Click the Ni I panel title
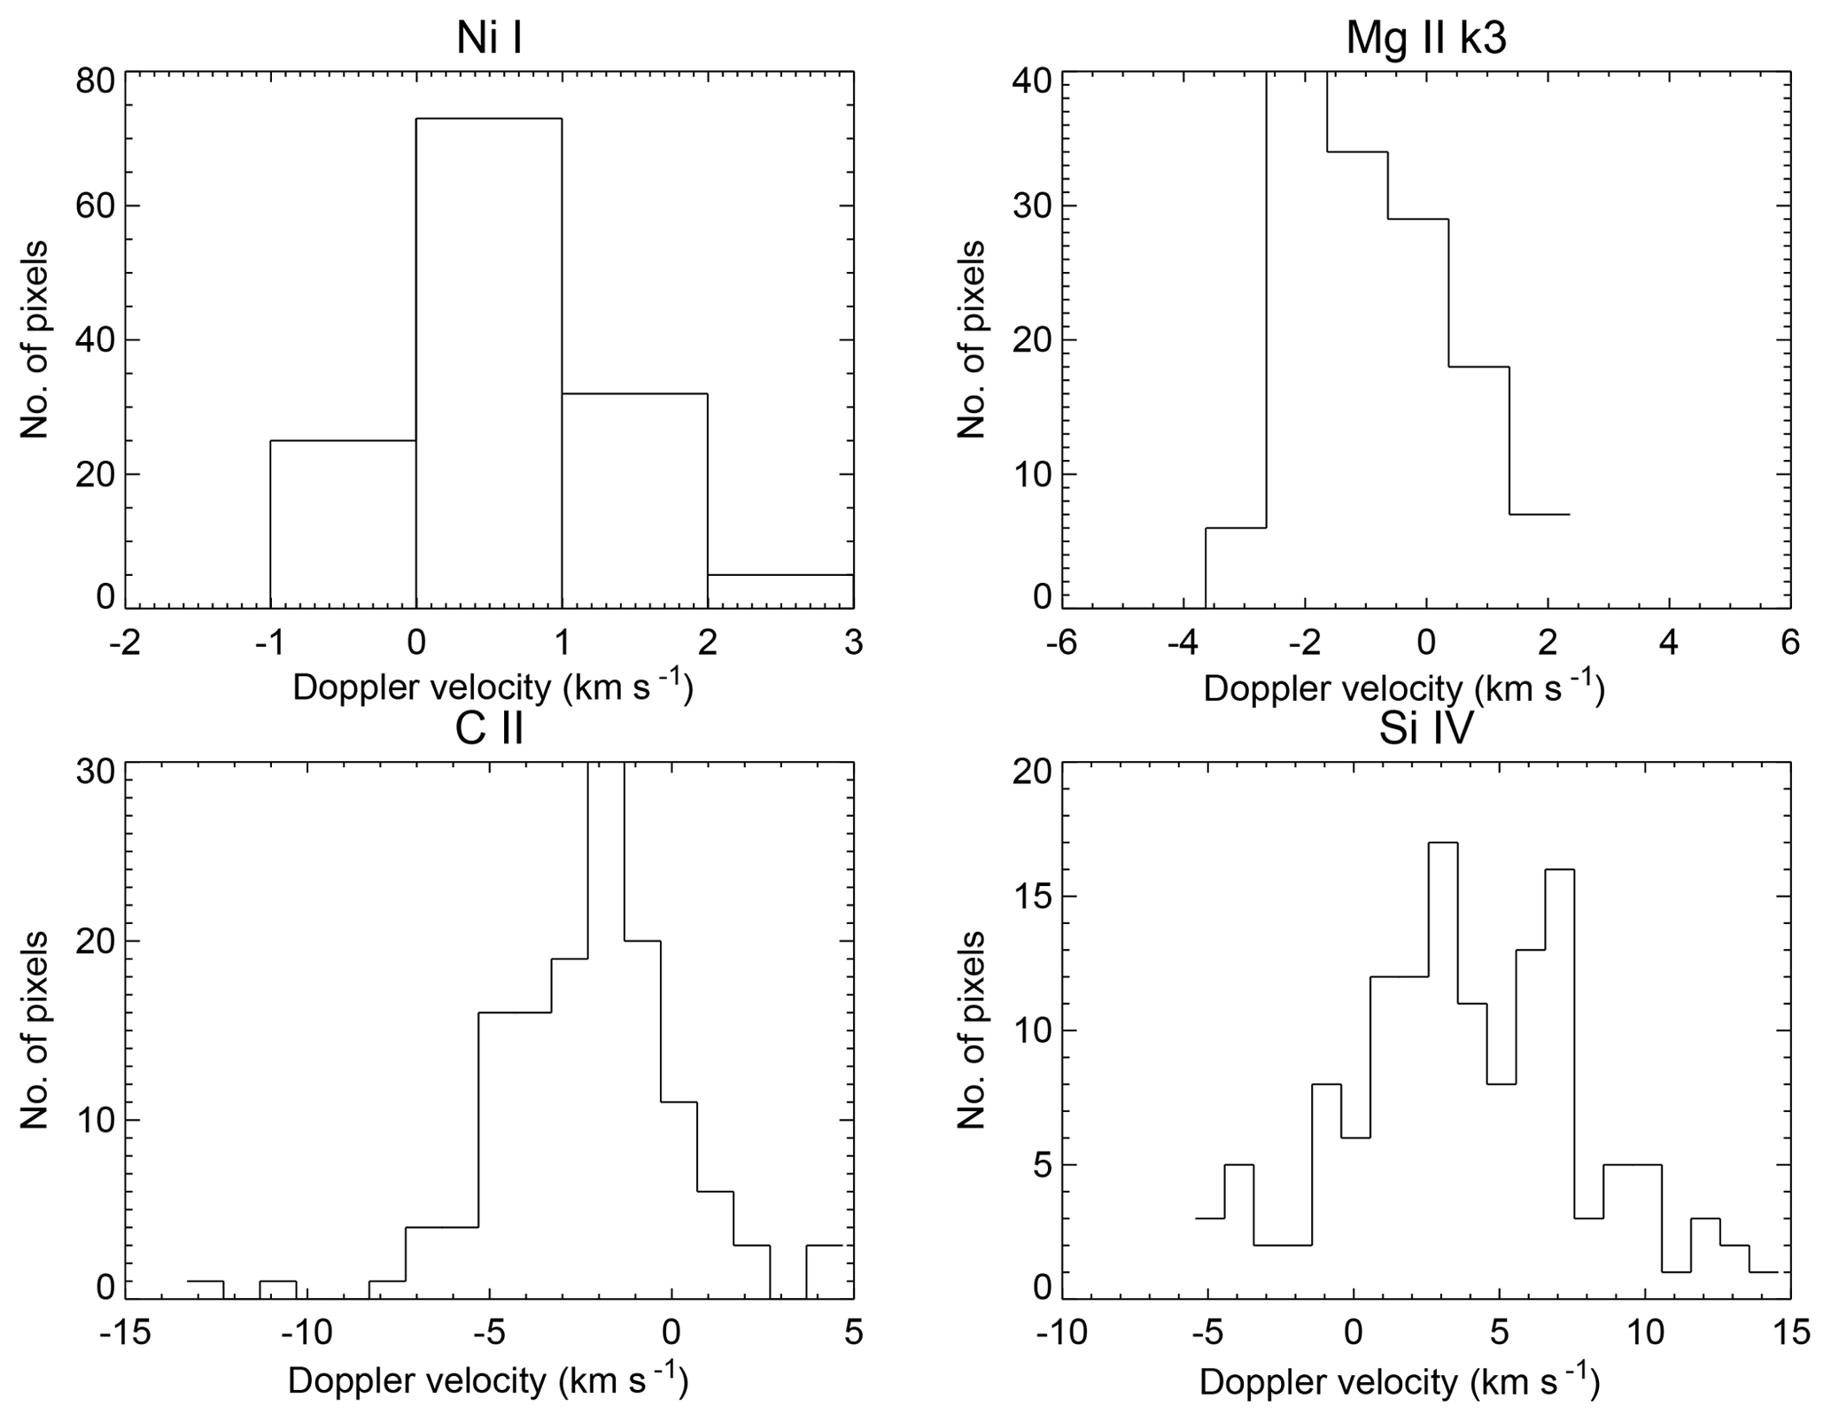[x=488, y=38]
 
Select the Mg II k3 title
[x=1425, y=38]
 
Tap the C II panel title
[x=489, y=729]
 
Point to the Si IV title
[x=1425, y=729]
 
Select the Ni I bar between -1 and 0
[x=343, y=523]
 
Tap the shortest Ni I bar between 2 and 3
[x=780, y=591]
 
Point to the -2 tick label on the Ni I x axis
[x=125, y=641]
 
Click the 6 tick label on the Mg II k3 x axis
[x=1789, y=641]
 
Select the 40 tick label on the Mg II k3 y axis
[x=1029, y=81]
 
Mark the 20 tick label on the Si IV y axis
[x=1029, y=772]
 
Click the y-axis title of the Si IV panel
[x=972, y=1030]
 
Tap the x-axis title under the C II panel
[x=488, y=1380]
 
